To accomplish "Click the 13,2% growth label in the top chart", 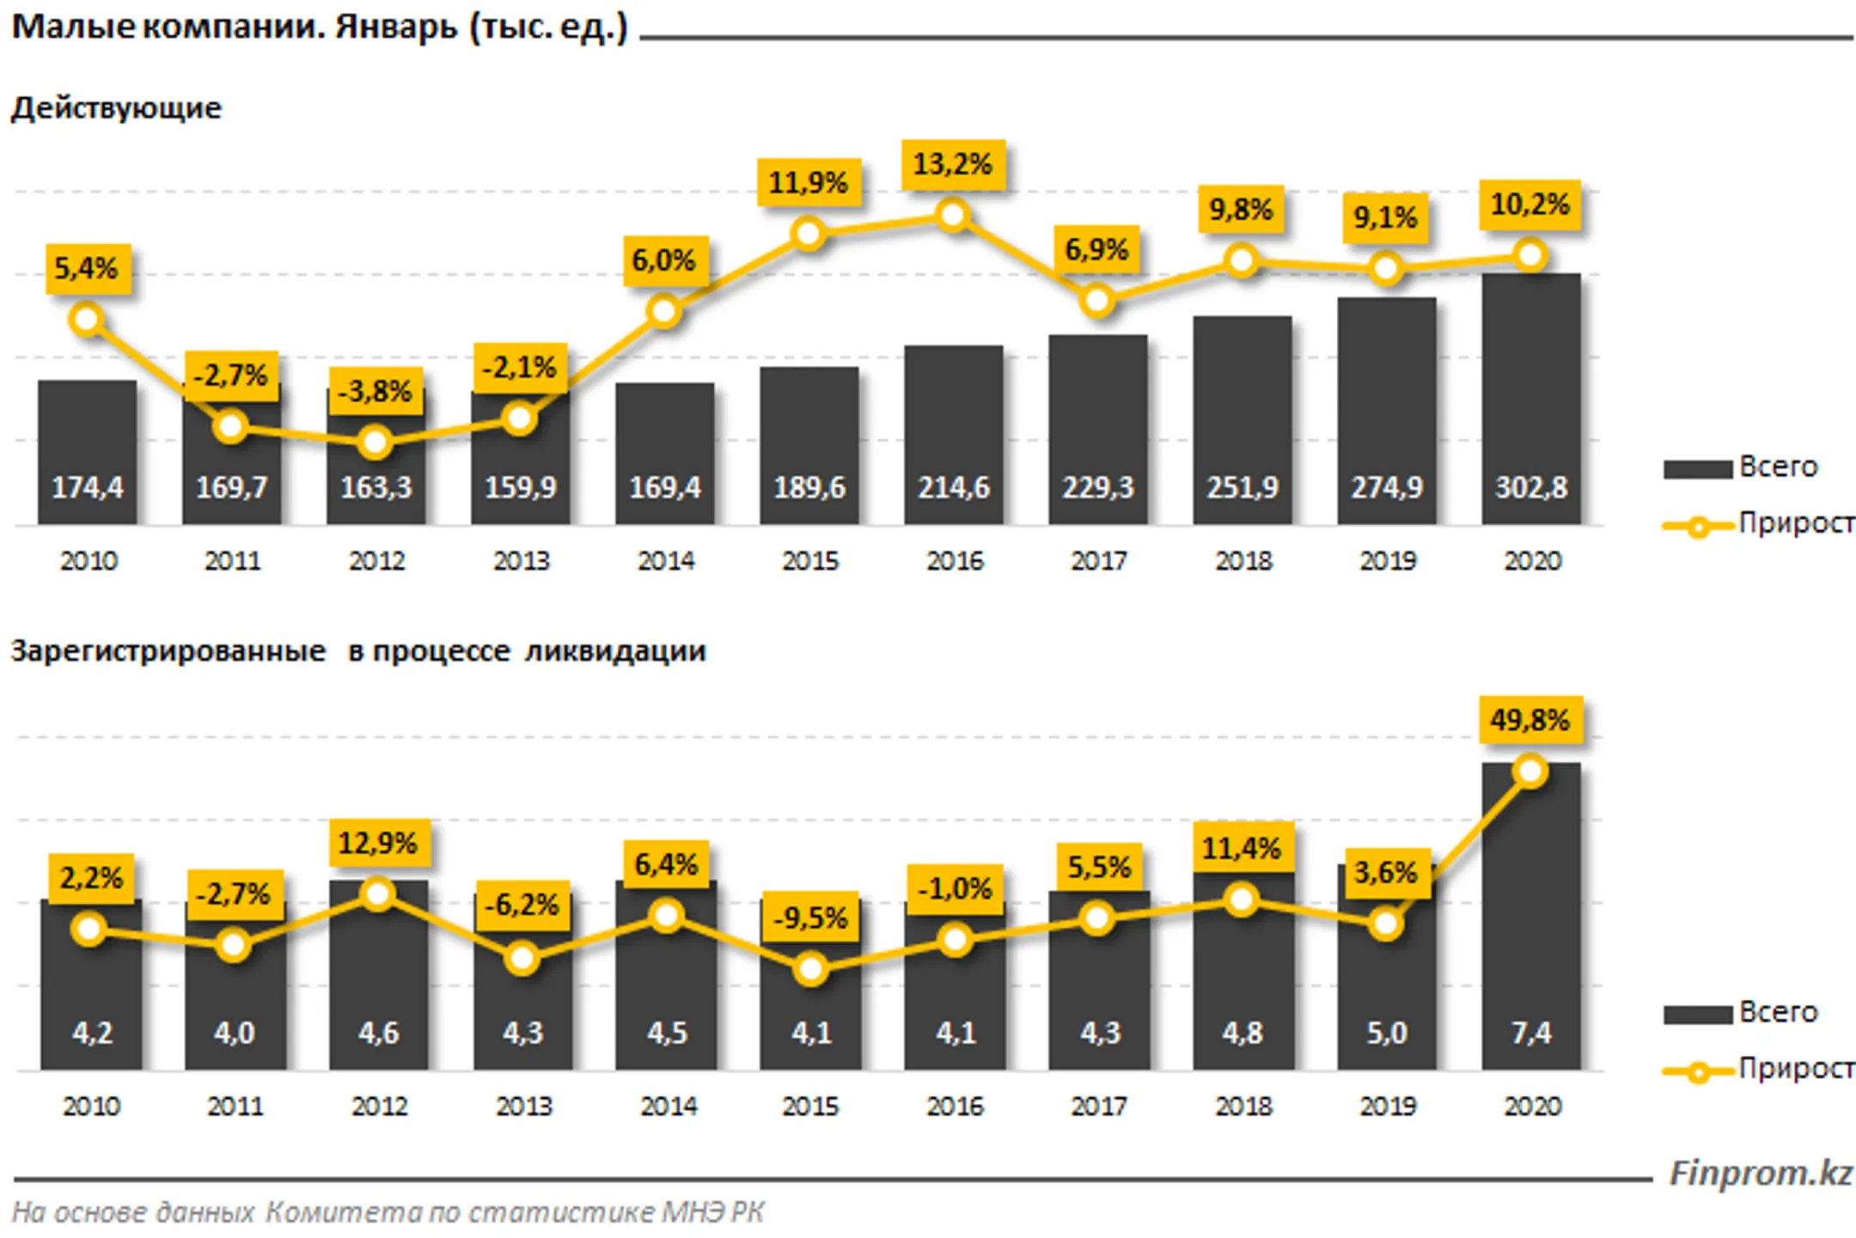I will pyautogui.click(x=952, y=164).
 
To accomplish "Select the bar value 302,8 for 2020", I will pyautogui.click(x=1530, y=487).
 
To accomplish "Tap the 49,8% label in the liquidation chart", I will pyautogui.click(x=1529, y=720).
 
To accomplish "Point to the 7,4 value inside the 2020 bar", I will pyautogui.click(x=1530, y=1032).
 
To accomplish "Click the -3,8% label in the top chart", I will pyautogui.click(x=375, y=392).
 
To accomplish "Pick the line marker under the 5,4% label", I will pyautogui.click(x=87, y=320).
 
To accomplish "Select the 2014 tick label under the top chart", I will pyautogui.click(x=665, y=561).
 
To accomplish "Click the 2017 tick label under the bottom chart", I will pyautogui.click(x=1098, y=1106).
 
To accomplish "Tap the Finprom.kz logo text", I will pyautogui.click(x=1760, y=1173).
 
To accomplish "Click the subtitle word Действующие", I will pyautogui.click(x=116, y=108).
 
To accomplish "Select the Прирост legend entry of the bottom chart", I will pyautogui.click(x=1758, y=1070).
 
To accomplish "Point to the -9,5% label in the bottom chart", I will pyautogui.click(x=810, y=918).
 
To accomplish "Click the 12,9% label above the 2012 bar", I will pyautogui.click(x=377, y=843).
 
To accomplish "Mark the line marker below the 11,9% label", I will pyautogui.click(x=808, y=233).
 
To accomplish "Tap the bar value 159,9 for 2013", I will pyautogui.click(x=520, y=487).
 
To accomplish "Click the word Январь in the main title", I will pyautogui.click(x=396, y=27).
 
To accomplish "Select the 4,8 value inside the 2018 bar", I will pyautogui.click(x=1242, y=1032).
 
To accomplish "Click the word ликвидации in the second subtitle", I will pyautogui.click(x=615, y=650).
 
